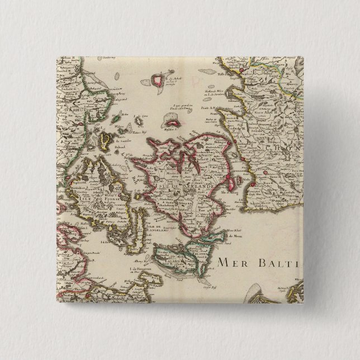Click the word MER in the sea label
tap(230, 262)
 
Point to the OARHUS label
tap(69, 110)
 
